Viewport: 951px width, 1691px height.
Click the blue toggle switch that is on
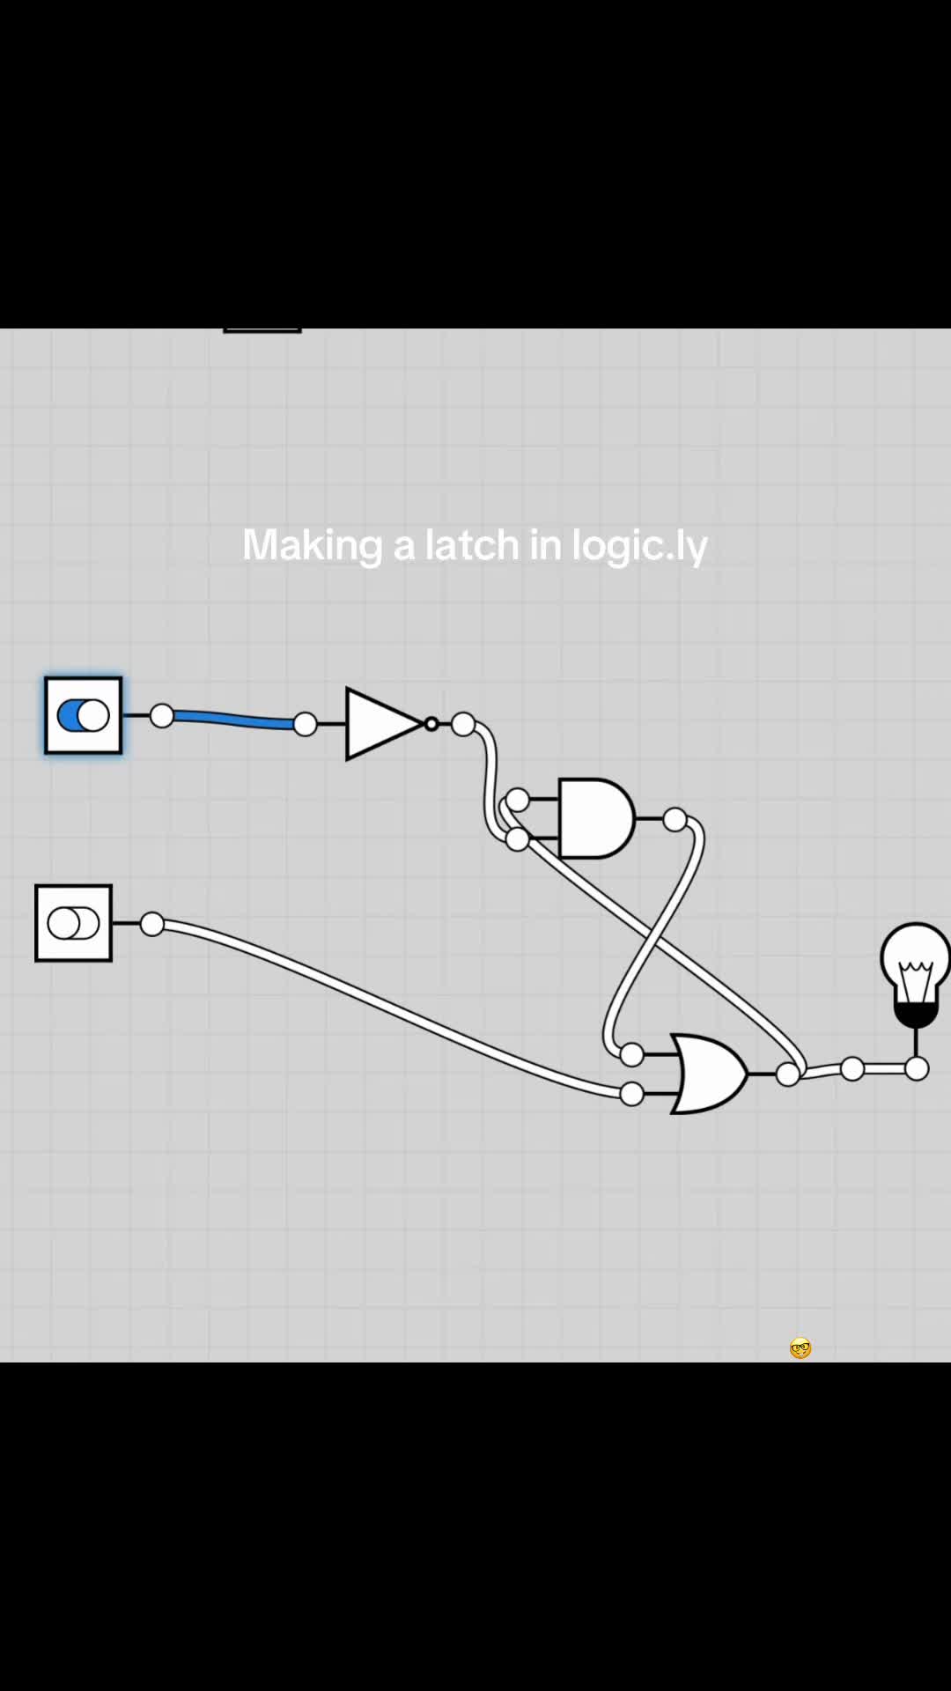[84, 715]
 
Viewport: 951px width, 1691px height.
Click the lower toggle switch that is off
[74, 923]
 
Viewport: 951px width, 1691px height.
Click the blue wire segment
[233, 720]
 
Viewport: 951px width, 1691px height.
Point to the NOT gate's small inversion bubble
[431, 724]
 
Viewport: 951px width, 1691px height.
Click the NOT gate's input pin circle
[305, 724]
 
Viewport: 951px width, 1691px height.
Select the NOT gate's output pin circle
[463, 725]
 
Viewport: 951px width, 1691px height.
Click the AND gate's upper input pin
[518, 800]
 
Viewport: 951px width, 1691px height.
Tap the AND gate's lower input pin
[518, 839]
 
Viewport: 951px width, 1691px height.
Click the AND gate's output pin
[675, 820]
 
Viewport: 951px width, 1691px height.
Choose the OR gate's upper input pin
[631, 1053]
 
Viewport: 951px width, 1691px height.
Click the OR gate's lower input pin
[631, 1094]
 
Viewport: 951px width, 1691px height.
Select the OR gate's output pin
[788, 1074]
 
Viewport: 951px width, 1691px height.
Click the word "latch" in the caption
[473, 544]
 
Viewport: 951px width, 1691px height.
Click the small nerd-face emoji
[800, 1348]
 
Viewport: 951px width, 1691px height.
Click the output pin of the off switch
[152, 924]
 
